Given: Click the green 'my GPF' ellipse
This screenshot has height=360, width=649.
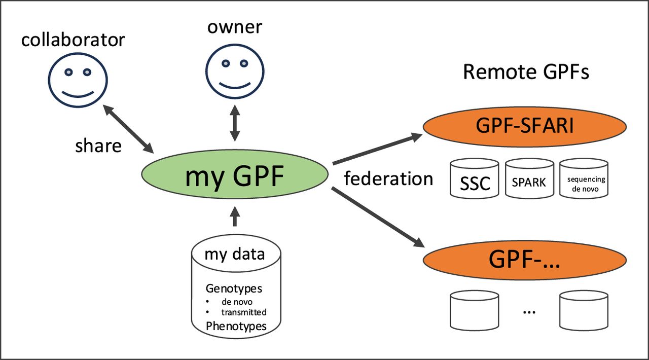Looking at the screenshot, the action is coord(235,174).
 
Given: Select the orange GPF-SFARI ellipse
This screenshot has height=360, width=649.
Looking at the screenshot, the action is coord(525,127).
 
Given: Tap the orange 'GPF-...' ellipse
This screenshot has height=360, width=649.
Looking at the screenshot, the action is coord(525,260).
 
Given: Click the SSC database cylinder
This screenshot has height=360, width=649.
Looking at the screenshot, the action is coord(475,178).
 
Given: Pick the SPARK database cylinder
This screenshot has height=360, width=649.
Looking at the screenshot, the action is coord(529,178).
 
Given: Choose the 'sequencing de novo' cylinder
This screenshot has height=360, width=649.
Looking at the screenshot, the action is coord(584,178).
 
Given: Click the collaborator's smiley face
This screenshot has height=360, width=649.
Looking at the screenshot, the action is coord(78,80).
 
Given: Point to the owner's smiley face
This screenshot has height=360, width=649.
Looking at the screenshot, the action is coord(235,71).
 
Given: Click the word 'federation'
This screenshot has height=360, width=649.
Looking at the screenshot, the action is coord(388,178).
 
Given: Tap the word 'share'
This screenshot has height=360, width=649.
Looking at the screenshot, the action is coord(98,146).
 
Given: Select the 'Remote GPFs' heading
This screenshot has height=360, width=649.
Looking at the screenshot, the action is coord(526,71).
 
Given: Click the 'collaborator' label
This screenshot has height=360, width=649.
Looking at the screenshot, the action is coord(73,40).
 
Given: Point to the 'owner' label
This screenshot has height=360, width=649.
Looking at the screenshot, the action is coord(235,27).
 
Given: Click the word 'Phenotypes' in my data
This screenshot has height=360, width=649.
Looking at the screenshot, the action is coord(236,327).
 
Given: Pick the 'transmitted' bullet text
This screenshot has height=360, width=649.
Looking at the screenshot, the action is coord(244,312).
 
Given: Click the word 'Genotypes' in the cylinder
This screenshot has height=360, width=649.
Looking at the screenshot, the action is coord(234,289).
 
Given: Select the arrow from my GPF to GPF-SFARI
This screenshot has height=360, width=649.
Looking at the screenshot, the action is coord(378,149).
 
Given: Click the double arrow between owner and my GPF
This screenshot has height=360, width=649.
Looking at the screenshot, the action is coord(235,123).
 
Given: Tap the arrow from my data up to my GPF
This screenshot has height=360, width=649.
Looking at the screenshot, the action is coord(235,216).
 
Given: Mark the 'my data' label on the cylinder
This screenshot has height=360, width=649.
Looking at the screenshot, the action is coord(235,255).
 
